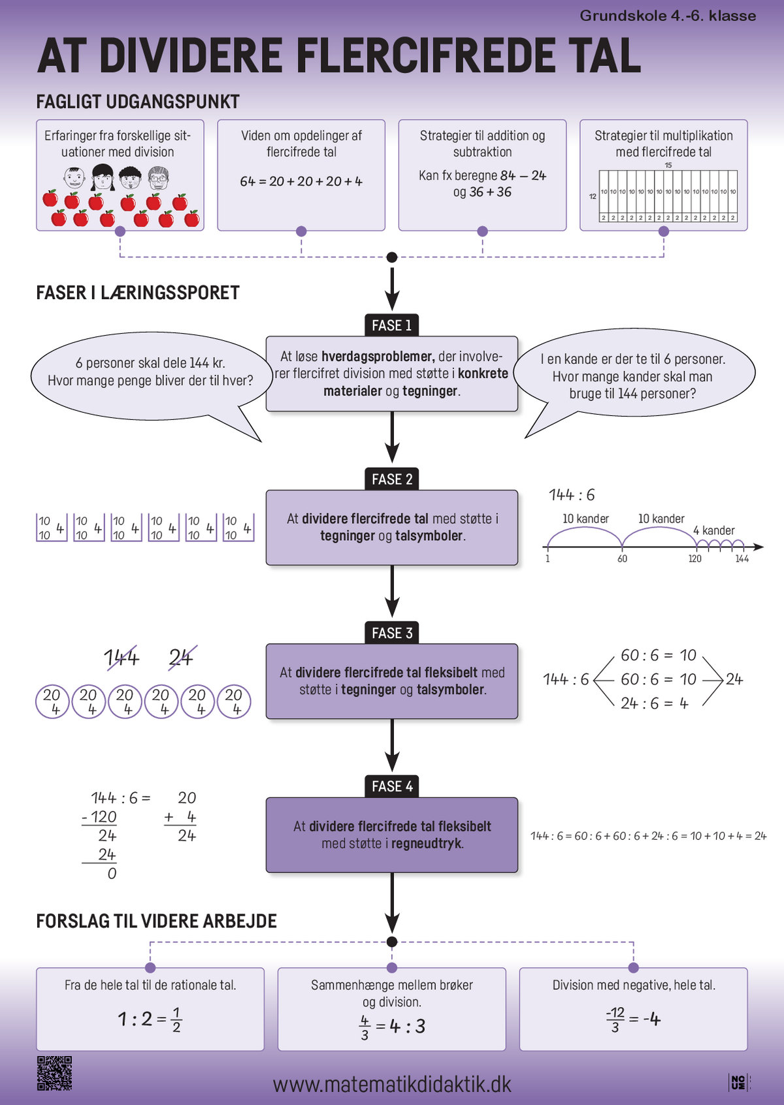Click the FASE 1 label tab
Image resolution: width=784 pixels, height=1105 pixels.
[392, 325]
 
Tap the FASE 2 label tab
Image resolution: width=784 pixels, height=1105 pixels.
[392, 479]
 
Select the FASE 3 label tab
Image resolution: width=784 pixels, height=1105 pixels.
[392, 633]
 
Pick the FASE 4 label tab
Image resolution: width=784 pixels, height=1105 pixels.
[392, 786]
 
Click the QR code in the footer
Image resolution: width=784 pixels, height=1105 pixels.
[54, 1073]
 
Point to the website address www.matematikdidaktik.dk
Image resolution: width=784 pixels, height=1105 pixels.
[392, 1084]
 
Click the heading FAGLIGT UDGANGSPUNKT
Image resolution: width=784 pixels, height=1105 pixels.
[138, 102]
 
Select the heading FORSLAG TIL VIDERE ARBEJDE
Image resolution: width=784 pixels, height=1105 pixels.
[156, 921]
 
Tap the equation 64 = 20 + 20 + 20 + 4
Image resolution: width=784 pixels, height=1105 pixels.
[301, 182]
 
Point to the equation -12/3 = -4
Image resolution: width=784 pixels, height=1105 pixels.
[633, 1019]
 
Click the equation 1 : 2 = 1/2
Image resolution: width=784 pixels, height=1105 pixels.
[150, 1019]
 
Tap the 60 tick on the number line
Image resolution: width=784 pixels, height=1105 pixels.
[623, 558]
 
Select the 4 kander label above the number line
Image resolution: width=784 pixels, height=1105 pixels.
[714, 530]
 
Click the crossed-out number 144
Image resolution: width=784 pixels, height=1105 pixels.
[122, 658]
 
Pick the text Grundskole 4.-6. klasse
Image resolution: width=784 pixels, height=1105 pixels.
[668, 16]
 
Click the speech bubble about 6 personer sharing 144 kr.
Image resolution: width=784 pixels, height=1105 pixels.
[150, 372]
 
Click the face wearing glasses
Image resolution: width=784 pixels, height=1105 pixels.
[159, 177]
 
